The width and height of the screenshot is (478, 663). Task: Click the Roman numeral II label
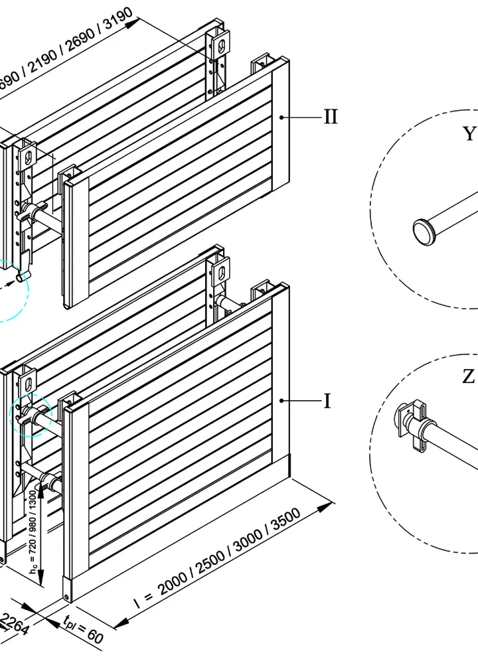tap(331, 117)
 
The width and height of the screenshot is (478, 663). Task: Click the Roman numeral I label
tap(327, 402)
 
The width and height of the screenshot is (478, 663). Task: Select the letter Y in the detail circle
tap(469, 134)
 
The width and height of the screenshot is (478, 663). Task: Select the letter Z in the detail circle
tap(469, 377)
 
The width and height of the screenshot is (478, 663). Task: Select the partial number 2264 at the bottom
tap(15, 625)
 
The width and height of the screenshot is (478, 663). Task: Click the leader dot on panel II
tap(282, 117)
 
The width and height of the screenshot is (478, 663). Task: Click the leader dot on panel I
tap(282, 400)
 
